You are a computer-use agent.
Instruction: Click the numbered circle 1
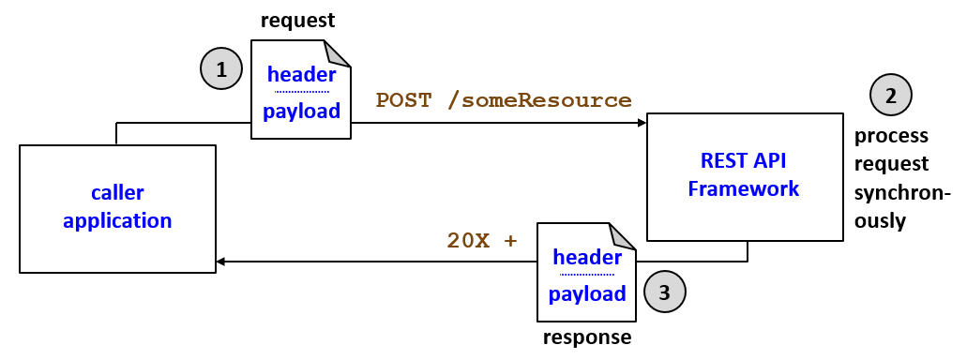click(221, 68)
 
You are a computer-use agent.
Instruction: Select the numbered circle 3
click(665, 291)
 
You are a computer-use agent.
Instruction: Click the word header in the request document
click(301, 75)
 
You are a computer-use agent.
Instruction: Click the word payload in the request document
click(300, 112)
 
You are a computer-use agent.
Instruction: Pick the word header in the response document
click(587, 256)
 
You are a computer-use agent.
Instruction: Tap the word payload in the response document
click(587, 293)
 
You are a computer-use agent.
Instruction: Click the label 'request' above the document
click(298, 20)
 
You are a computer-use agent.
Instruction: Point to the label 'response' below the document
click(587, 337)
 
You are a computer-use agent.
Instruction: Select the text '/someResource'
click(540, 100)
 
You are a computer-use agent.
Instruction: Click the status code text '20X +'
click(482, 240)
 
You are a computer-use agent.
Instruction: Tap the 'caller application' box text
click(117, 207)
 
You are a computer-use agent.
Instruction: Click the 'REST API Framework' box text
click(743, 174)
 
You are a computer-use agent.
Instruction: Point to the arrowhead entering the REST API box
click(641, 123)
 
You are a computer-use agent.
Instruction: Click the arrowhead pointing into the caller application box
click(222, 262)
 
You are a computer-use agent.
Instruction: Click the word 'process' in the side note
click(891, 136)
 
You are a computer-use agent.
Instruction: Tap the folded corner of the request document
click(338, 53)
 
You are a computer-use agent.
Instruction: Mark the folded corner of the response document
click(623, 235)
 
